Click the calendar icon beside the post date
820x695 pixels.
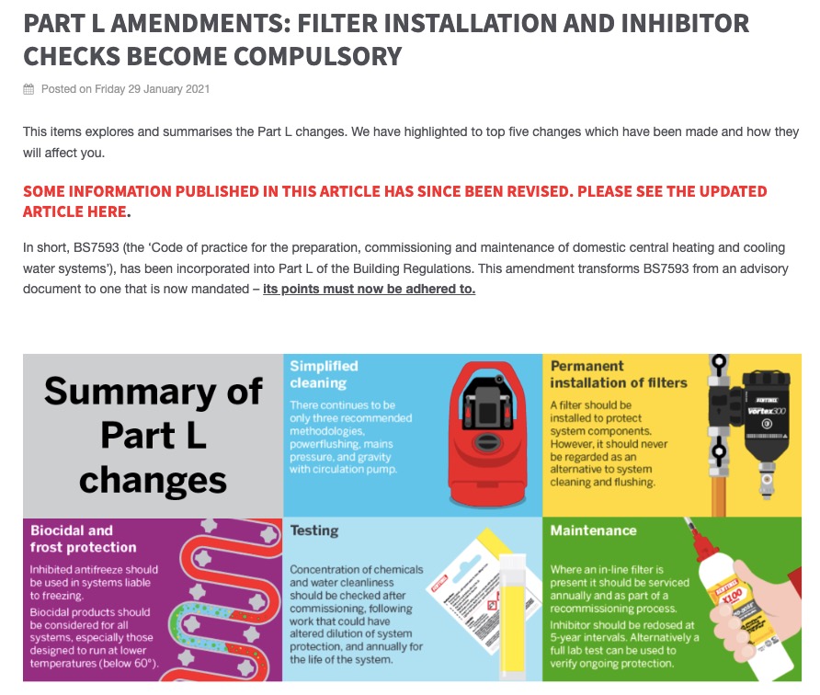(x=29, y=89)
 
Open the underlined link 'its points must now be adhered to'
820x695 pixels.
(x=369, y=289)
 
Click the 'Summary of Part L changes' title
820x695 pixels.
(x=153, y=436)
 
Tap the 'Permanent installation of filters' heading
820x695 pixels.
(x=618, y=373)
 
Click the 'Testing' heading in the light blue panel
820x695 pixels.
(x=313, y=530)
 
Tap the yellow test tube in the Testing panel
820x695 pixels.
(x=509, y=611)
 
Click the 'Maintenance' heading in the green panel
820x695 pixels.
(x=593, y=530)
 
